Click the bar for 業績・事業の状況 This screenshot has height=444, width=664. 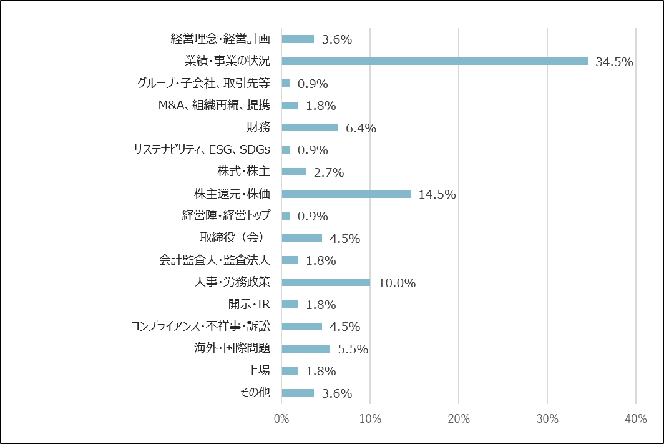[434, 61]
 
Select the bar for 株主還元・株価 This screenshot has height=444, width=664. [346, 194]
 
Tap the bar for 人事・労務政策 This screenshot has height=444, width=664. [326, 282]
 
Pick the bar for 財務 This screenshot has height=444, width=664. [310, 127]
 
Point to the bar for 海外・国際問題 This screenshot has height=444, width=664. [306, 348]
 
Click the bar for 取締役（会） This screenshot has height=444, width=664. [302, 238]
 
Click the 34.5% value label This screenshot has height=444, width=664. [614, 62]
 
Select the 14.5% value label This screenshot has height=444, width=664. [437, 194]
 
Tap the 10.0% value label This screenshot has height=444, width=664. [397, 283]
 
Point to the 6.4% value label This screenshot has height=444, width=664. [361, 128]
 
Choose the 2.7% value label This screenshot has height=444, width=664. [329, 172]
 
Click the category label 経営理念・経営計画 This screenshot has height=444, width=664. [220, 39]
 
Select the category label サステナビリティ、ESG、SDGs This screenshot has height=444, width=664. [202, 149]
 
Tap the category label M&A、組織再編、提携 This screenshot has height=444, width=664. [214, 105]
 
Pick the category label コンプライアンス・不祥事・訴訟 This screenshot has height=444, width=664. [200, 326]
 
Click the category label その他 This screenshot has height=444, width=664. [255, 392]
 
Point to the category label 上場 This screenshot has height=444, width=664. [258, 370]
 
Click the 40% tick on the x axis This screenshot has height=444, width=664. [635, 419]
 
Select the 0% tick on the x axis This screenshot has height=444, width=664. [281, 419]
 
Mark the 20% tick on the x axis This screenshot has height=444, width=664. [459, 419]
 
